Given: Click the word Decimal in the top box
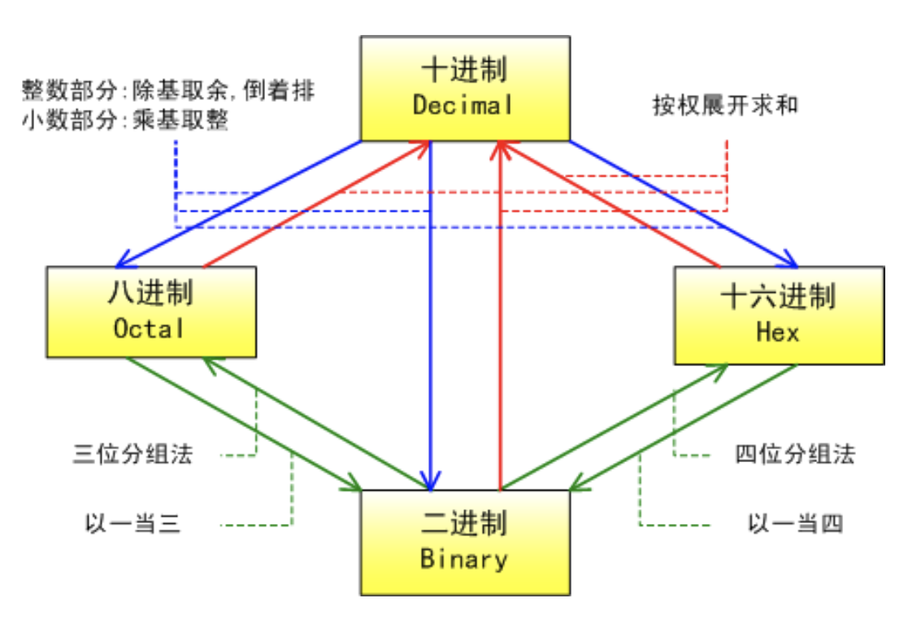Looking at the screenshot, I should (x=463, y=106).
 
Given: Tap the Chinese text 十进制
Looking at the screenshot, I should (x=463, y=70).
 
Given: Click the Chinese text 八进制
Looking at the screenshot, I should (x=151, y=292).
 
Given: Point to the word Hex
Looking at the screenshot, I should (x=778, y=332).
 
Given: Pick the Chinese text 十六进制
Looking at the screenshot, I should (x=779, y=297).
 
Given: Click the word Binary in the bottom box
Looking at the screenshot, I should (x=464, y=559).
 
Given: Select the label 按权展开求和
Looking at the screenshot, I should (x=725, y=105).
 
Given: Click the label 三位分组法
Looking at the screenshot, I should (x=133, y=454).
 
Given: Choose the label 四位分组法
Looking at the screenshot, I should (x=795, y=454).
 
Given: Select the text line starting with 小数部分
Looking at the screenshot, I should (x=125, y=120).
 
